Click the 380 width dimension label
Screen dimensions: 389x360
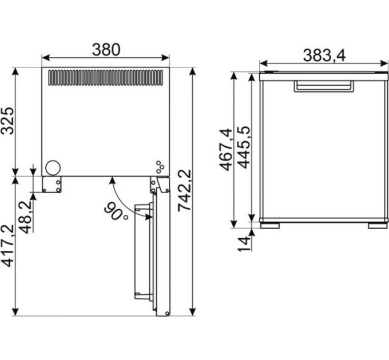click(x=106, y=50)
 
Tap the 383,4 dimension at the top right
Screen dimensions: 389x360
click(x=324, y=55)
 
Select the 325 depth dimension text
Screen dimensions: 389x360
click(x=7, y=121)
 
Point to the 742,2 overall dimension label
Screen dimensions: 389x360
click(x=185, y=190)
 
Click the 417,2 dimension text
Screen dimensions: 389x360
click(x=7, y=246)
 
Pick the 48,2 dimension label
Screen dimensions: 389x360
click(x=26, y=217)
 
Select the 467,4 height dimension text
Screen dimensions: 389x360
click(x=227, y=150)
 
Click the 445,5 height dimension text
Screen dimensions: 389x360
click(x=244, y=147)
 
